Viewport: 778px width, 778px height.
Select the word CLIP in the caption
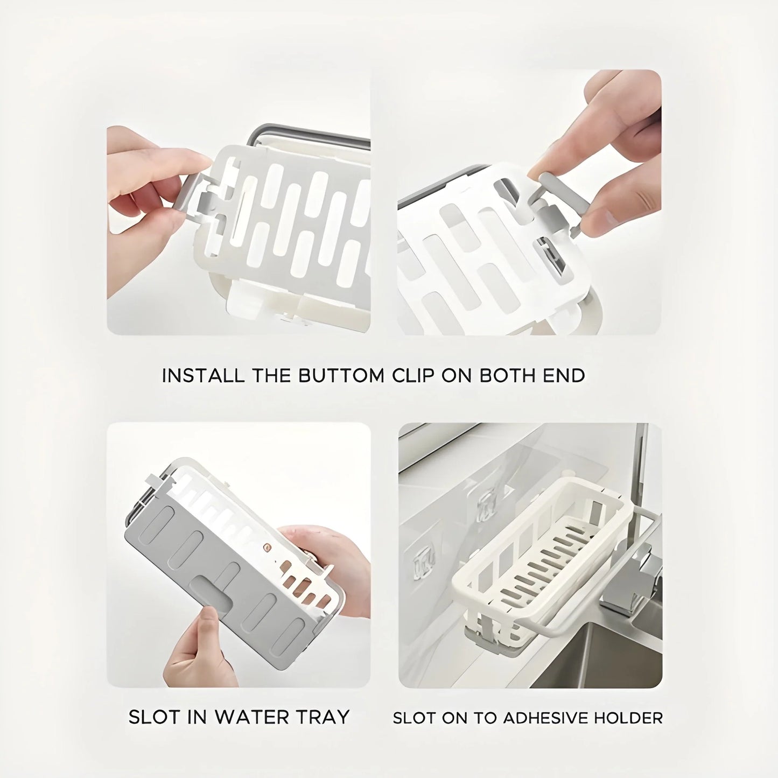click(413, 375)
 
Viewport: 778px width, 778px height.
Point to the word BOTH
click(504, 375)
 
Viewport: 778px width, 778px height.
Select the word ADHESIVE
click(544, 718)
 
